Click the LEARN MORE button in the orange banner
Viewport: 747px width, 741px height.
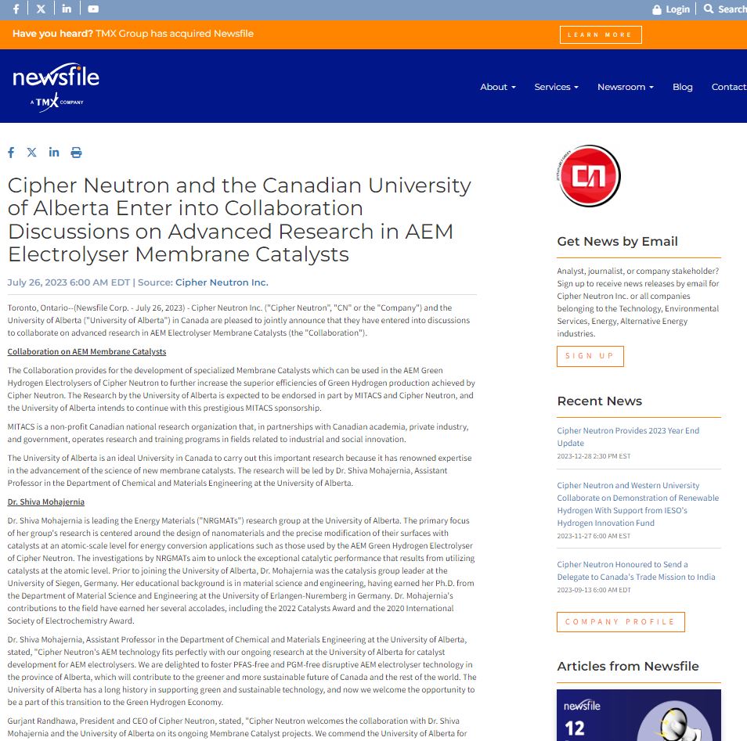(x=601, y=34)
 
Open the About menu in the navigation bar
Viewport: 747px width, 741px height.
(x=497, y=87)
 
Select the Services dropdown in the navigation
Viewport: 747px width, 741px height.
(x=556, y=87)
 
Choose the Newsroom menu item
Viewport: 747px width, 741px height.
(x=625, y=87)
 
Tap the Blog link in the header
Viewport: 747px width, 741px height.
(x=682, y=87)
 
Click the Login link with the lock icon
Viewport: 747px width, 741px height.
(x=671, y=9)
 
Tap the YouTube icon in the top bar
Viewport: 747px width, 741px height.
(x=93, y=9)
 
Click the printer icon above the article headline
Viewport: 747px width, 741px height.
(x=76, y=153)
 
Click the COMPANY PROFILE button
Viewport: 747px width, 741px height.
(x=620, y=622)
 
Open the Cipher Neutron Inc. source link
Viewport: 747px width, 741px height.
(x=222, y=282)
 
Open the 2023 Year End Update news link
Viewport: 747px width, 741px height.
(x=628, y=437)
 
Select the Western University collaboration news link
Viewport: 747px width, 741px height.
(x=637, y=504)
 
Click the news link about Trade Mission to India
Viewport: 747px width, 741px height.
(x=636, y=570)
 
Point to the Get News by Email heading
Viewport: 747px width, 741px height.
(x=617, y=242)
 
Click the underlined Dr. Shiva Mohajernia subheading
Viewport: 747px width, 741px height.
(x=46, y=502)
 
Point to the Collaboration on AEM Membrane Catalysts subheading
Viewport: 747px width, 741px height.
(x=87, y=351)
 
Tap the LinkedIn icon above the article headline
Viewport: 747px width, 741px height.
(x=54, y=153)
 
